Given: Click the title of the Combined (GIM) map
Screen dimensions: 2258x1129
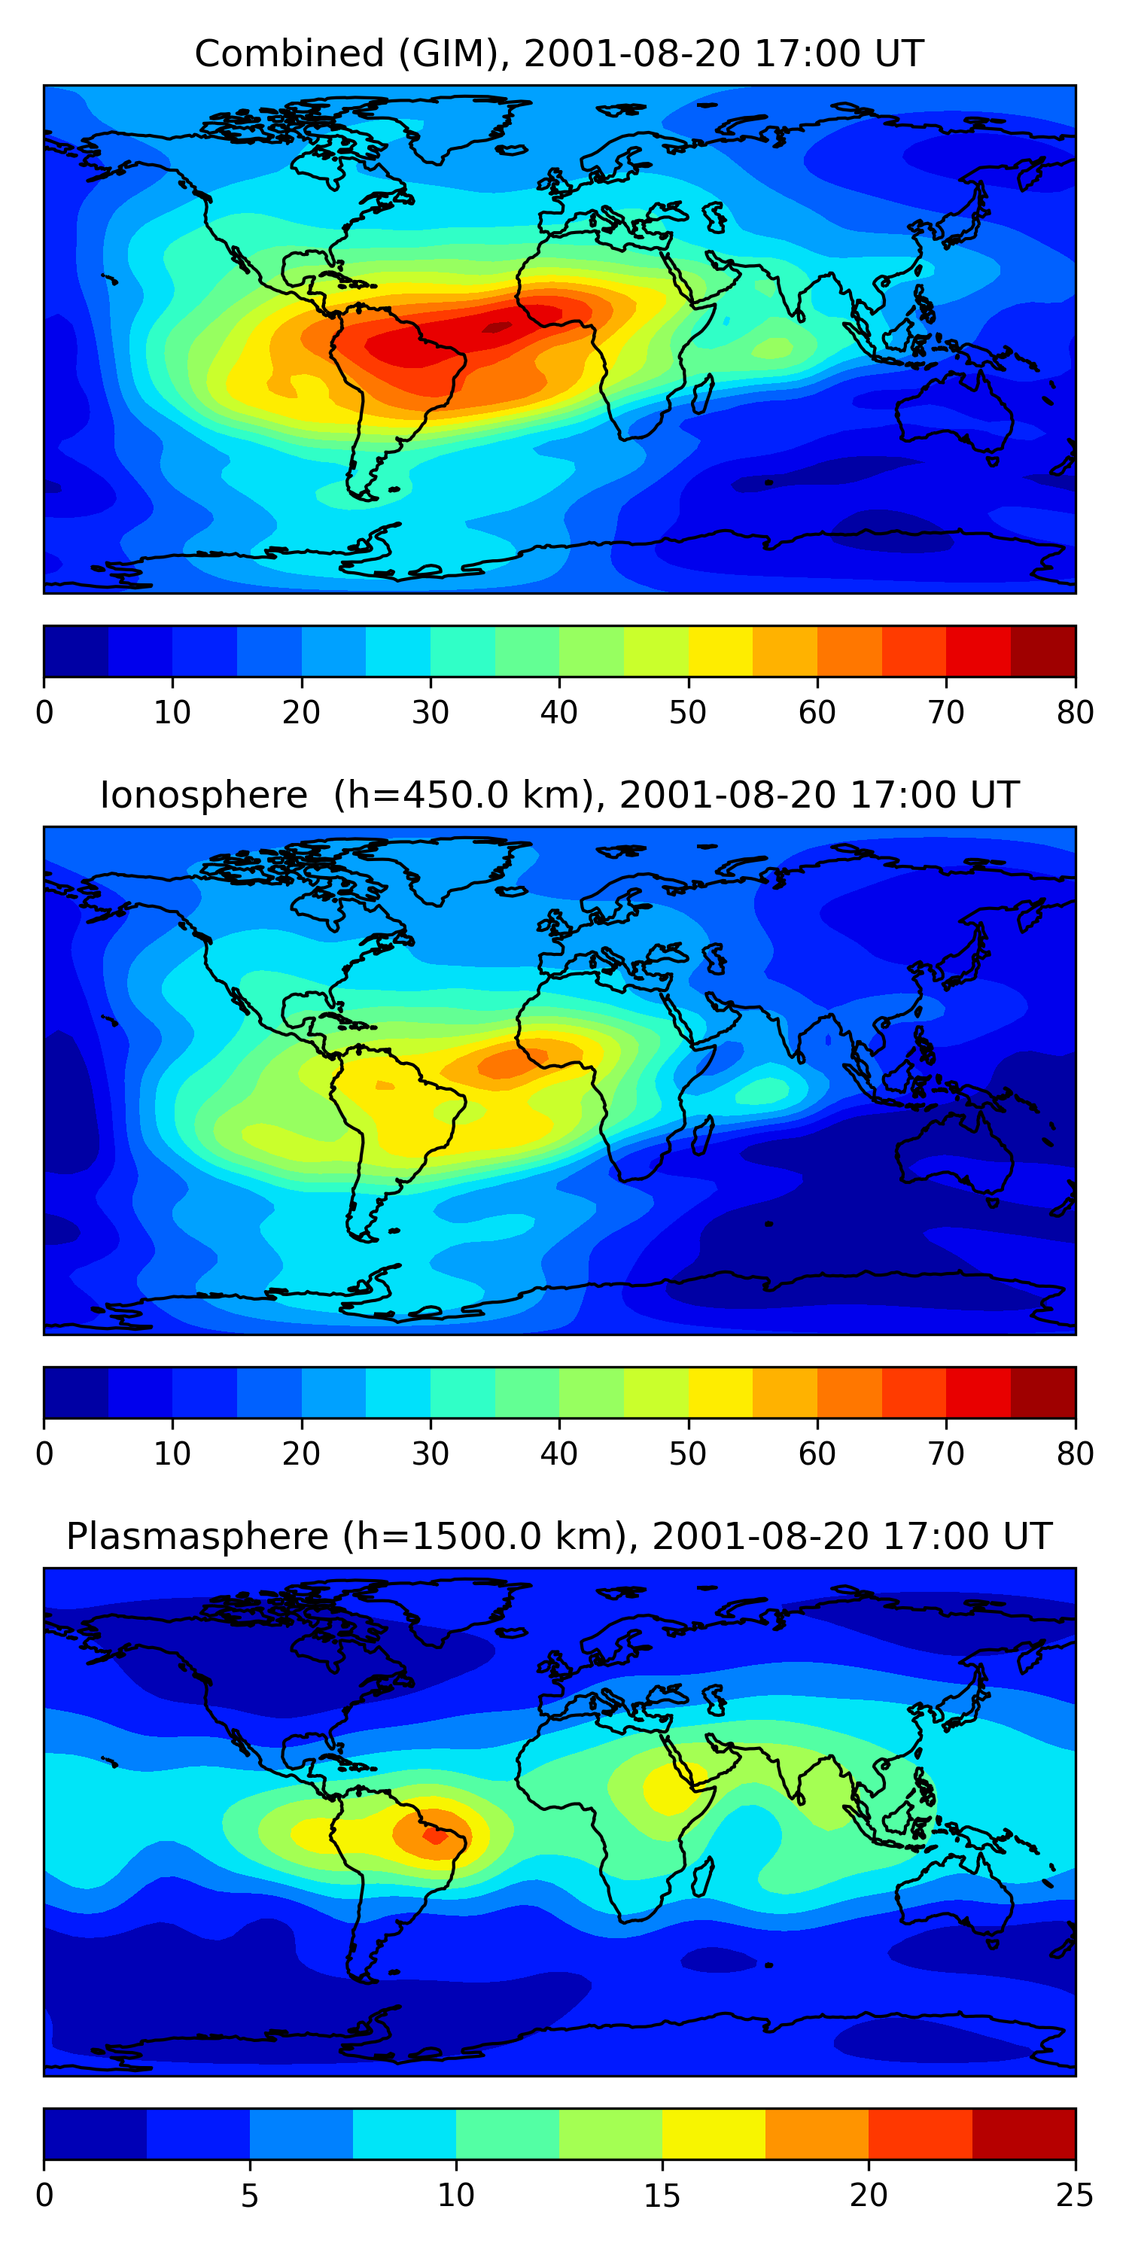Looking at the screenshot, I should point(558,53).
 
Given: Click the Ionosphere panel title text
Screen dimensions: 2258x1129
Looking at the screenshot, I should point(558,795).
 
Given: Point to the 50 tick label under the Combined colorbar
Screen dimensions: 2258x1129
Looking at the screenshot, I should point(688,713).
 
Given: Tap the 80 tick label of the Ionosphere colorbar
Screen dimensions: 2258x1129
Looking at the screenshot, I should point(1075,1454).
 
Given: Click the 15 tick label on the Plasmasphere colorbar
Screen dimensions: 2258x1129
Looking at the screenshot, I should point(662,2196).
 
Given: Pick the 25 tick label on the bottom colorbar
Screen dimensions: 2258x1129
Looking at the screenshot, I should point(1075,2196).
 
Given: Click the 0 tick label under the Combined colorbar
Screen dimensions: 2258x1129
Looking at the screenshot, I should point(44,713).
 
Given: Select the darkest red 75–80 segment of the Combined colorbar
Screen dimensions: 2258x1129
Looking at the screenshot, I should point(1043,651).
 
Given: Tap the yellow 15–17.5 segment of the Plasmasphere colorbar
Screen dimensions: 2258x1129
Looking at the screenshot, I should point(714,2135).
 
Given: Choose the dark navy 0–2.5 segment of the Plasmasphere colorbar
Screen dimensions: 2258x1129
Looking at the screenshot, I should point(96,2135).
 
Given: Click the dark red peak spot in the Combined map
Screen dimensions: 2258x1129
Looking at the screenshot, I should point(497,328).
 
